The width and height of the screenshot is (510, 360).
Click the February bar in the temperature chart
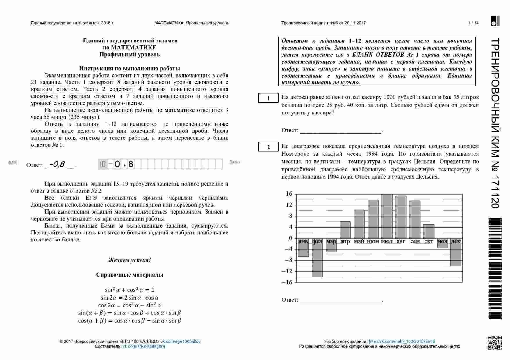click(317, 259)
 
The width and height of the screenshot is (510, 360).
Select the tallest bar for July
click(387, 216)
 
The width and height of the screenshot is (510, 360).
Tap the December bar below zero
click(456, 255)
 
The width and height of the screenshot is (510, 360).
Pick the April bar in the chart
click(345, 230)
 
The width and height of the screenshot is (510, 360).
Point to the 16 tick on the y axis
click(289, 194)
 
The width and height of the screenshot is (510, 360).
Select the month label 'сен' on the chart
click(415, 241)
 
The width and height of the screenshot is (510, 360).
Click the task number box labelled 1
click(268, 98)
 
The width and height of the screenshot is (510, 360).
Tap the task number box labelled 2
click(268, 147)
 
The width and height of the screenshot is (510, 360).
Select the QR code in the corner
click(495, 343)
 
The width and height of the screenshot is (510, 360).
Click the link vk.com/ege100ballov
click(181, 341)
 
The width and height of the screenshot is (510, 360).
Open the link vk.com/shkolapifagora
click(144, 346)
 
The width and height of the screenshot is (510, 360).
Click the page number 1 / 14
click(473, 23)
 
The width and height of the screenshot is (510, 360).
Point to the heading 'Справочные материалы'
click(129, 275)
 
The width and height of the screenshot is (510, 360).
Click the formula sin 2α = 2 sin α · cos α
click(129, 298)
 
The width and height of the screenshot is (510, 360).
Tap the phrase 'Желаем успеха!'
click(129, 260)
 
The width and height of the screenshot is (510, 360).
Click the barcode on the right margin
click(495, 269)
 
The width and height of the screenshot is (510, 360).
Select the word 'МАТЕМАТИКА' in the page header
click(169, 23)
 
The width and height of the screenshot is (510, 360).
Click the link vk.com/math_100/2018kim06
click(402, 341)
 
